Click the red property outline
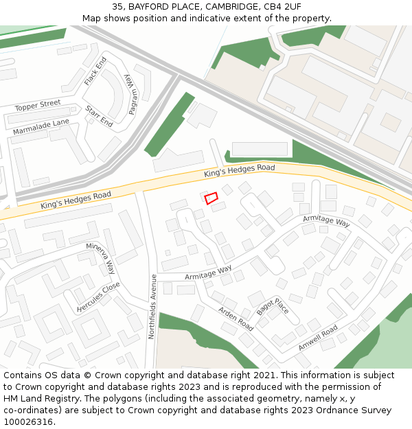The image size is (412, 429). (211, 198)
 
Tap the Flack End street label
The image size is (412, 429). (95, 71)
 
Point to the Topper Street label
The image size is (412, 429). (38, 106)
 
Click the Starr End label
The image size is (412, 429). (99, 116)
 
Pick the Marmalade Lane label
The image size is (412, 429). (41, 126)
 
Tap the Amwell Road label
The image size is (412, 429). (317, 338)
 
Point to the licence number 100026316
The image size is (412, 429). (29, 421)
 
